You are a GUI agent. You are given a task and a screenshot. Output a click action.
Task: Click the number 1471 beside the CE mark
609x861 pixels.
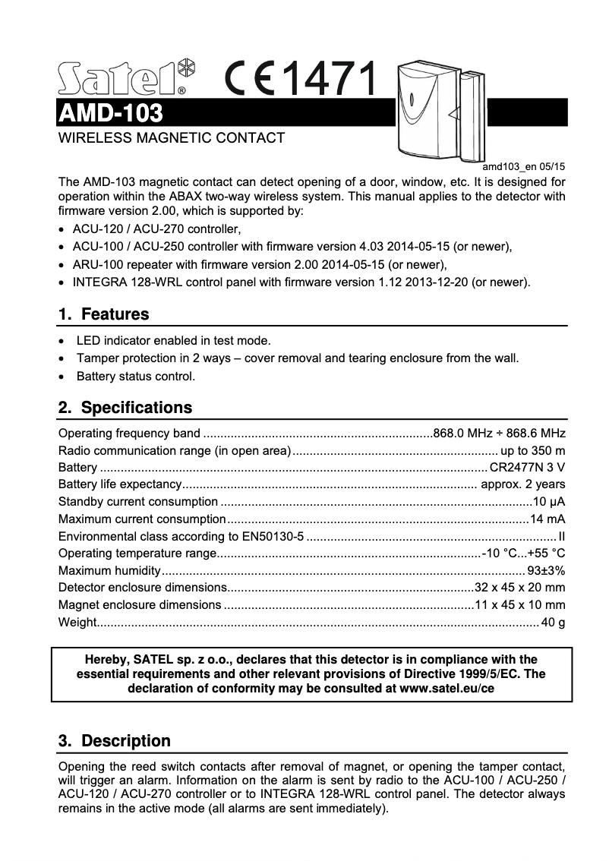coord(332,79)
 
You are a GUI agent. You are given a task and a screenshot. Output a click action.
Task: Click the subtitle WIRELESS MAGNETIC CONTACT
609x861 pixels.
coord(172,138)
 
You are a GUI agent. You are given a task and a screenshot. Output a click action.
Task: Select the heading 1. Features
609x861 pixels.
coord(104,314)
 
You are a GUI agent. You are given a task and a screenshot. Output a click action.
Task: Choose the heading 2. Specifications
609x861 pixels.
coord(125,407)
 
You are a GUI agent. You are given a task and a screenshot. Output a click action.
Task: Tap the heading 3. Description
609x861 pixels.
coord(115,740)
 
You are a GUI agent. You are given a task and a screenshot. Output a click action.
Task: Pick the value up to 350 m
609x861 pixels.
coord(529,450)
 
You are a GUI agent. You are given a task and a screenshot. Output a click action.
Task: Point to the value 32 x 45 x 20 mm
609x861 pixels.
coord(520,588)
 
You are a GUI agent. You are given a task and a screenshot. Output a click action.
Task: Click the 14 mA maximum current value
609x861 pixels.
coord(547,519)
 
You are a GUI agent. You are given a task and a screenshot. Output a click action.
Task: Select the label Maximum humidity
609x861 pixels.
coord(109,571)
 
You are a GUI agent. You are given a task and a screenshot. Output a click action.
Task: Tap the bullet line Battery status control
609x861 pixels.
coord(136,376)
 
